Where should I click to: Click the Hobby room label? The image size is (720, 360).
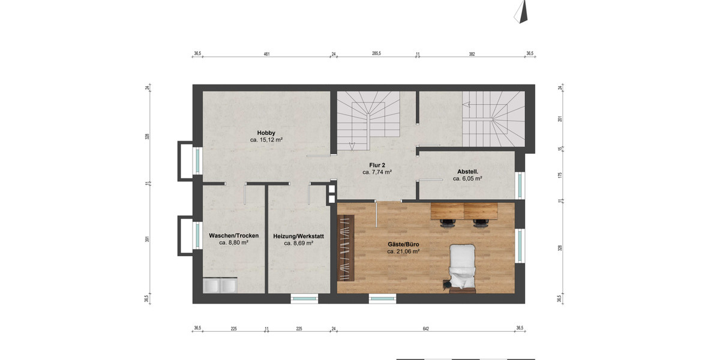click(266, 133)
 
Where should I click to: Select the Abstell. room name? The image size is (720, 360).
click(467, 171)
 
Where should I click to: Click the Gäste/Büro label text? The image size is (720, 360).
click(403, 245)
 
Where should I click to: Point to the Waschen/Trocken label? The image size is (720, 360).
click(233, 236)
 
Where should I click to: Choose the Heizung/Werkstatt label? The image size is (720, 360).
click(298, 236)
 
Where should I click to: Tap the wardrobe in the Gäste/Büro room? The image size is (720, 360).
click(345, 247)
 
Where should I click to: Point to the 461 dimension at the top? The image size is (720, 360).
click(266, 54)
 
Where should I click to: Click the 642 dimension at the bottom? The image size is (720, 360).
click(425, 328)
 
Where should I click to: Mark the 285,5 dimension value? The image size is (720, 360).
click(376, 54)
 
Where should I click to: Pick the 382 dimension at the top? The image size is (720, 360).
click(472, 54)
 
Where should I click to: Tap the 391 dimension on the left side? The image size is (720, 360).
click(147, 239)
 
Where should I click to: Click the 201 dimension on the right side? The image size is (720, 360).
click(559, 119)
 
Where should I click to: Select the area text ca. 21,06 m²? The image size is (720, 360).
click(403, 252)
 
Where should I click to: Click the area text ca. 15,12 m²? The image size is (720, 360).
click(266, 140)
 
